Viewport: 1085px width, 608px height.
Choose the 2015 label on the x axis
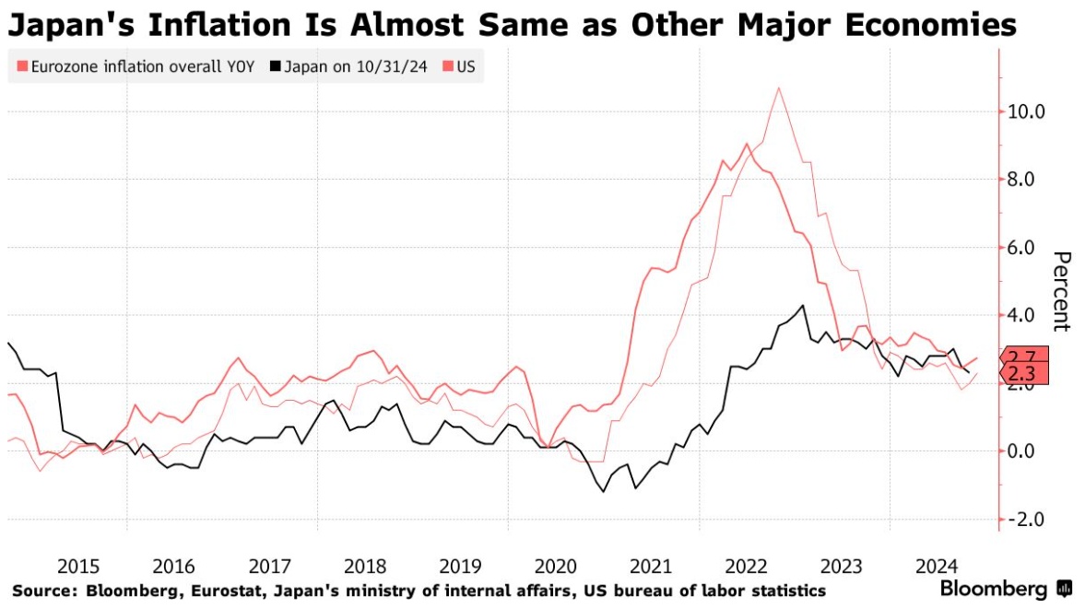[x=79, y=565]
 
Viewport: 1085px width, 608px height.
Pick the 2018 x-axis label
[x=366, y=565]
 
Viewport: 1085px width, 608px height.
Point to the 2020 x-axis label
[x=557, y=565]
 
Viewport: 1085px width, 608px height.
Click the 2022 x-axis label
[x=748, y=565]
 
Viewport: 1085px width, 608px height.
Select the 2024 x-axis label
[x=938, y=565]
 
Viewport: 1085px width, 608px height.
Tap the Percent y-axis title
[x=1061, y=290]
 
